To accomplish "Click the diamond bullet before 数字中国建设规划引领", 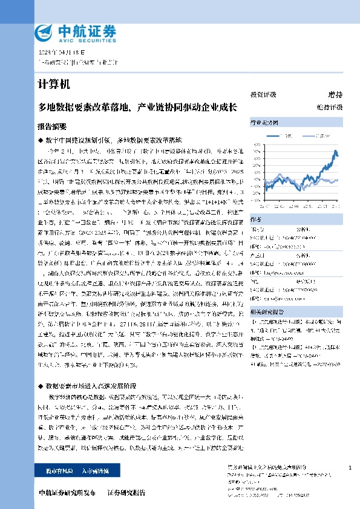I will [x=40, y=139].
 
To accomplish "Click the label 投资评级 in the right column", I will [x=263, y=95].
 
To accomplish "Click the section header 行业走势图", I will [x=264, y=122].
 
